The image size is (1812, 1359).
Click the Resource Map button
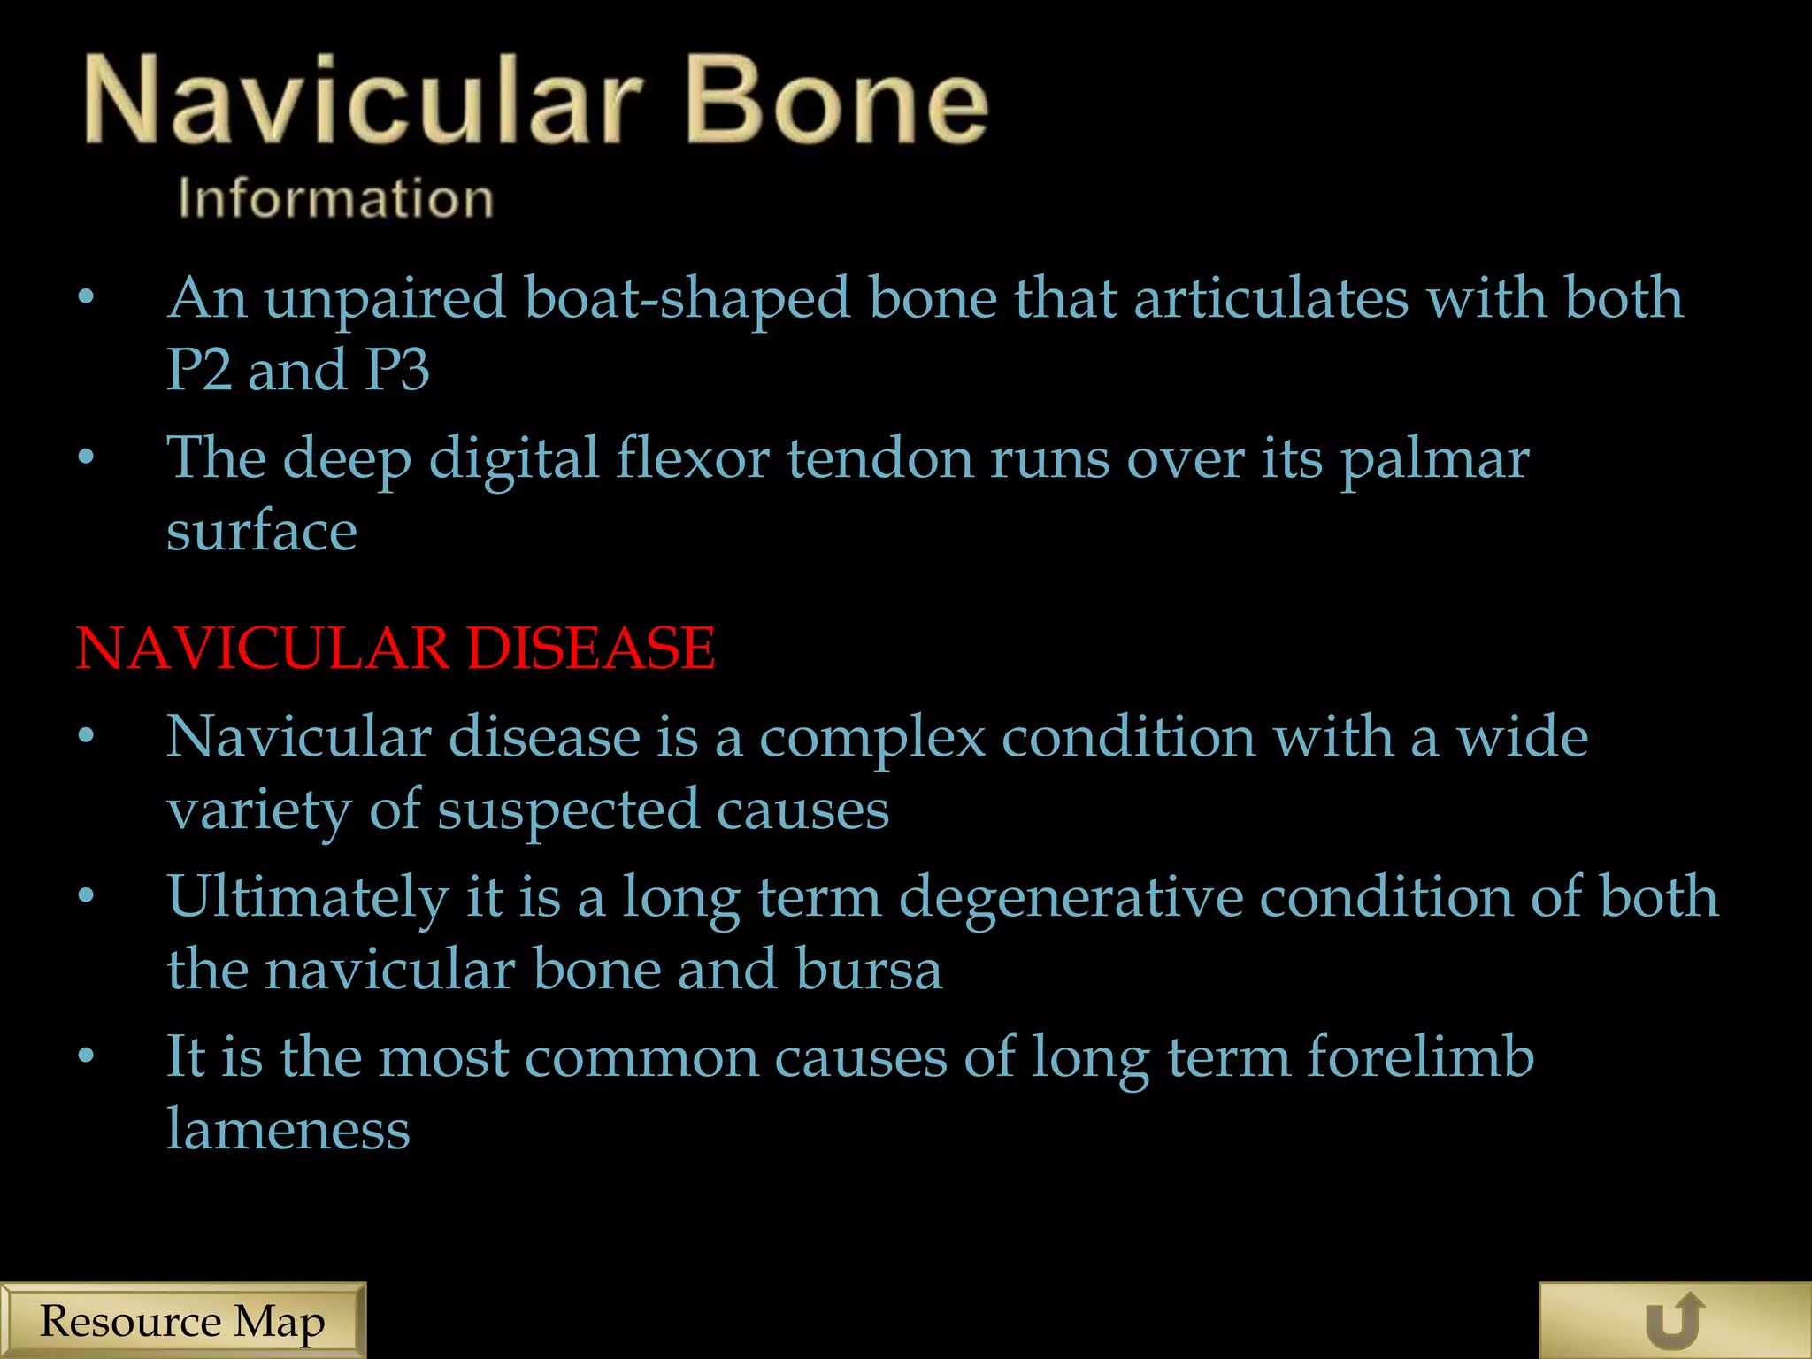[x=182, y=1321]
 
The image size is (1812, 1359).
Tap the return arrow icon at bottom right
[x=1674, y=1321]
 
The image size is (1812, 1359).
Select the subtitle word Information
[x=335, y=198]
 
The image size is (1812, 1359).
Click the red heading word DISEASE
[x=590, y=648]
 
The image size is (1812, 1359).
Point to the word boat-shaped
[x=687, y=299]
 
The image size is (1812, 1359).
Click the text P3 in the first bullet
[x=397, y=370]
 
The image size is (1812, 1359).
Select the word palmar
[x=1434, y=459]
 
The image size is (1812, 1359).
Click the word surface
[x=262, y=532]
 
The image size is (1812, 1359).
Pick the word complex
[x=871, y=738]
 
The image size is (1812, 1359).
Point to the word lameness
[x=288, y=1130]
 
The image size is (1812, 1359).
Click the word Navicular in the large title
[x=363, y=99]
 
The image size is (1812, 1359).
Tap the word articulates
[x=1271, y=299]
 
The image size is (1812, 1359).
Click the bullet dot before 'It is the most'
[x=86, y=1056]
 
